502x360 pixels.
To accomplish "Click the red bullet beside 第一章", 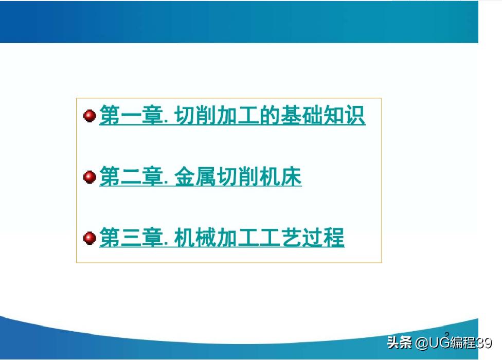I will tap(89, 116).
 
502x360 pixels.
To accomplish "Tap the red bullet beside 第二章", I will tap(89, 177).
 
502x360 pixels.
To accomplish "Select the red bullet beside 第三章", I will tap(89, 239).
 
